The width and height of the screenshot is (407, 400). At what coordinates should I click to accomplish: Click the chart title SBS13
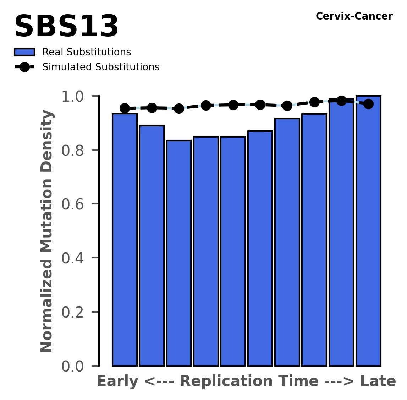[66, 27]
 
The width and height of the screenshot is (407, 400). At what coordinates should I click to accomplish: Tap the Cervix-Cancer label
[354, 16]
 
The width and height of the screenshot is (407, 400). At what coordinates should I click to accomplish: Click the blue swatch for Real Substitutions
[24, 52]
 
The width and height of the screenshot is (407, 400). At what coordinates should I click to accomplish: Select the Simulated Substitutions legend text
[101, 67]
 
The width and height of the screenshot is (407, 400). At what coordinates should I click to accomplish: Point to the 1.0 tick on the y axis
[75, 96]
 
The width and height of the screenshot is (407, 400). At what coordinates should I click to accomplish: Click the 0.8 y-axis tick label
[75, 150]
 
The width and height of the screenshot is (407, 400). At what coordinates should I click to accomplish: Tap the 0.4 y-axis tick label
[75, 258]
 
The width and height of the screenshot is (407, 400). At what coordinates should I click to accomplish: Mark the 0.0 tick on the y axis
[75, 366]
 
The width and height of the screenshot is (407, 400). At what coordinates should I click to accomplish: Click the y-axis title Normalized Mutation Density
[47, 231]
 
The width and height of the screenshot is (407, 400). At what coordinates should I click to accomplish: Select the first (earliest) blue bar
[125, 240]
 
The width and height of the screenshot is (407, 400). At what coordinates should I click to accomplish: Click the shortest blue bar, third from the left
[179, 253]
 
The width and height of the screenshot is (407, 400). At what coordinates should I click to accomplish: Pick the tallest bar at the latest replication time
[368, 231]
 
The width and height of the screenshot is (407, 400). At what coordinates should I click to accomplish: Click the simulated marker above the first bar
[125, 108]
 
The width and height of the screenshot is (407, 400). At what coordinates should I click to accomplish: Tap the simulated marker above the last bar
[369, 104]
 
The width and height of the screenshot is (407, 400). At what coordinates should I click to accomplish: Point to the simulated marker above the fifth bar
[233, 105]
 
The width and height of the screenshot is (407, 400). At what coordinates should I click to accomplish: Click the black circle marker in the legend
[24, 67]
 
